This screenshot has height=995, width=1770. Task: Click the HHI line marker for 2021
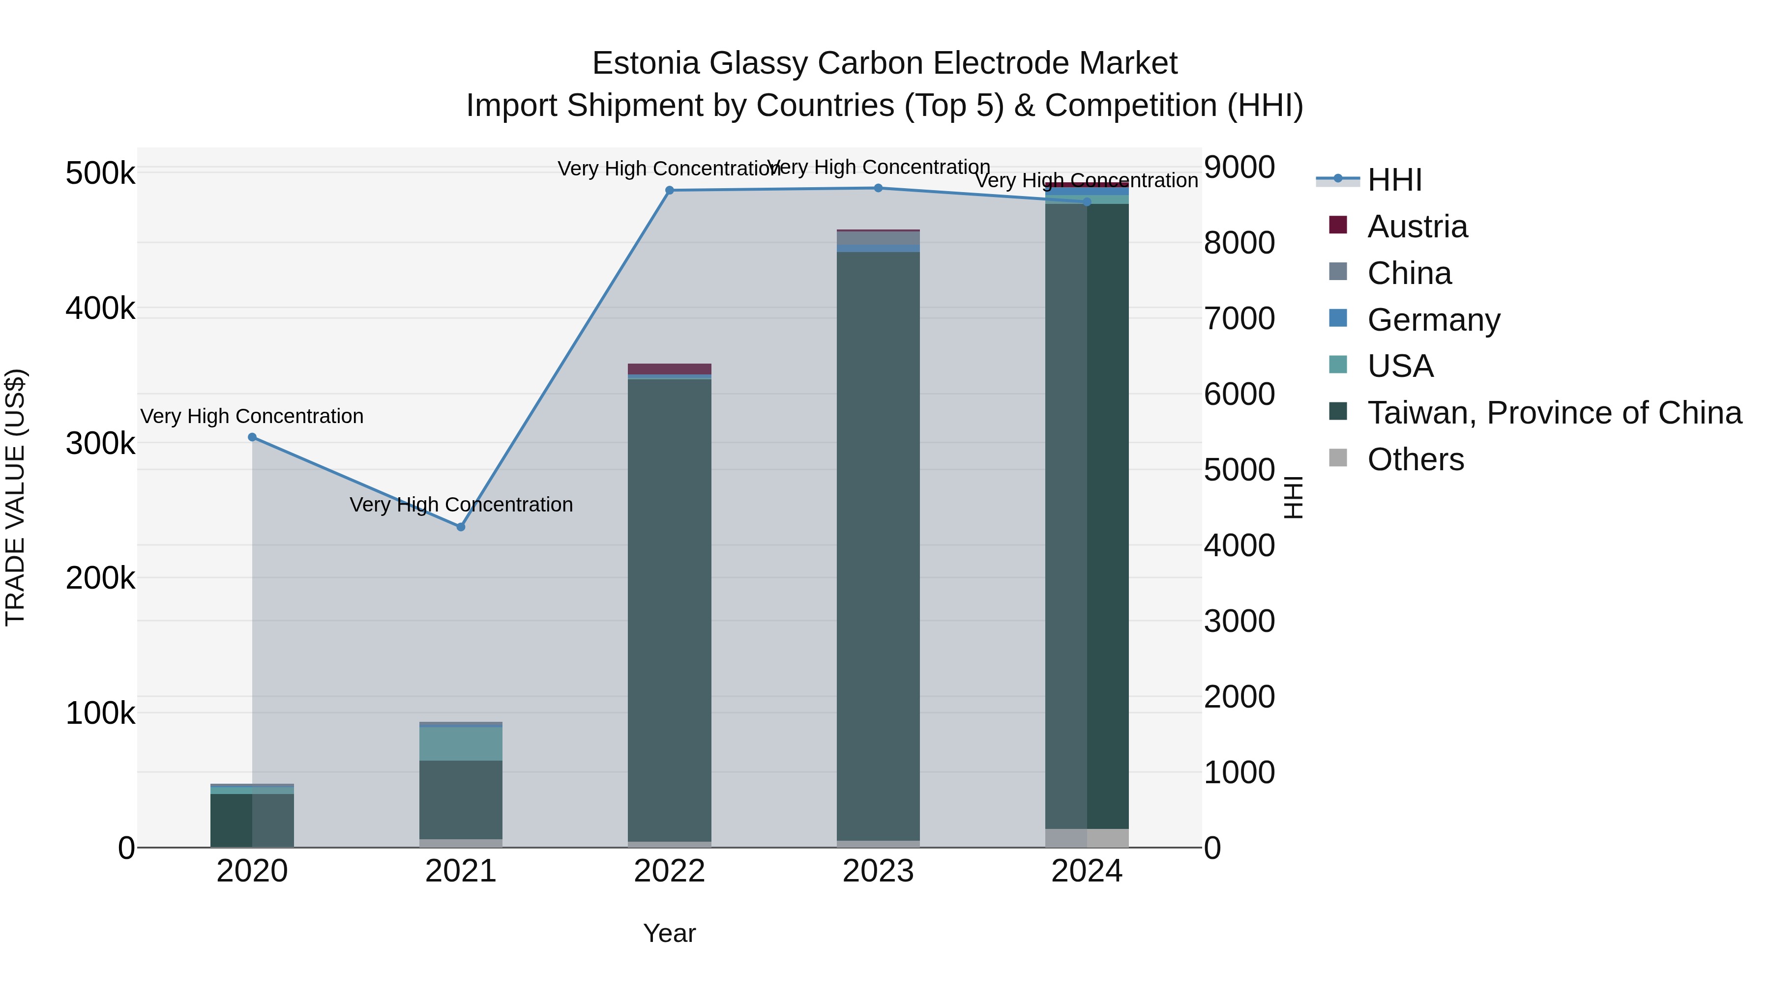point(461,527)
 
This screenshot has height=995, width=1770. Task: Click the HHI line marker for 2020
point(252,437)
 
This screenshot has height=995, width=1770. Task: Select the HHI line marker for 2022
point(670,190)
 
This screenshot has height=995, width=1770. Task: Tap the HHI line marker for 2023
point(878,188)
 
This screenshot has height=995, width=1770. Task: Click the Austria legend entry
point(1417,227)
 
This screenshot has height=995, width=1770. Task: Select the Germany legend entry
point(1433,320)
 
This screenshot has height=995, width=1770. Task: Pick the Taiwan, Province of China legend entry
point(1554,413)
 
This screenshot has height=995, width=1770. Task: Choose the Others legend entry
point(1416,459)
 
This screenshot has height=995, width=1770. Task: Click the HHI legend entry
point(1394,180)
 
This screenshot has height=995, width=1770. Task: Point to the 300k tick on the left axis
point(100,444)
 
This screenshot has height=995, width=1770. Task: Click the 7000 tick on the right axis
point(1239,318)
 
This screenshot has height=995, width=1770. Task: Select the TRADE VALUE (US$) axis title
point(15,497)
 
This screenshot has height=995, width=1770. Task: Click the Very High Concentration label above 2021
point(461,505)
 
